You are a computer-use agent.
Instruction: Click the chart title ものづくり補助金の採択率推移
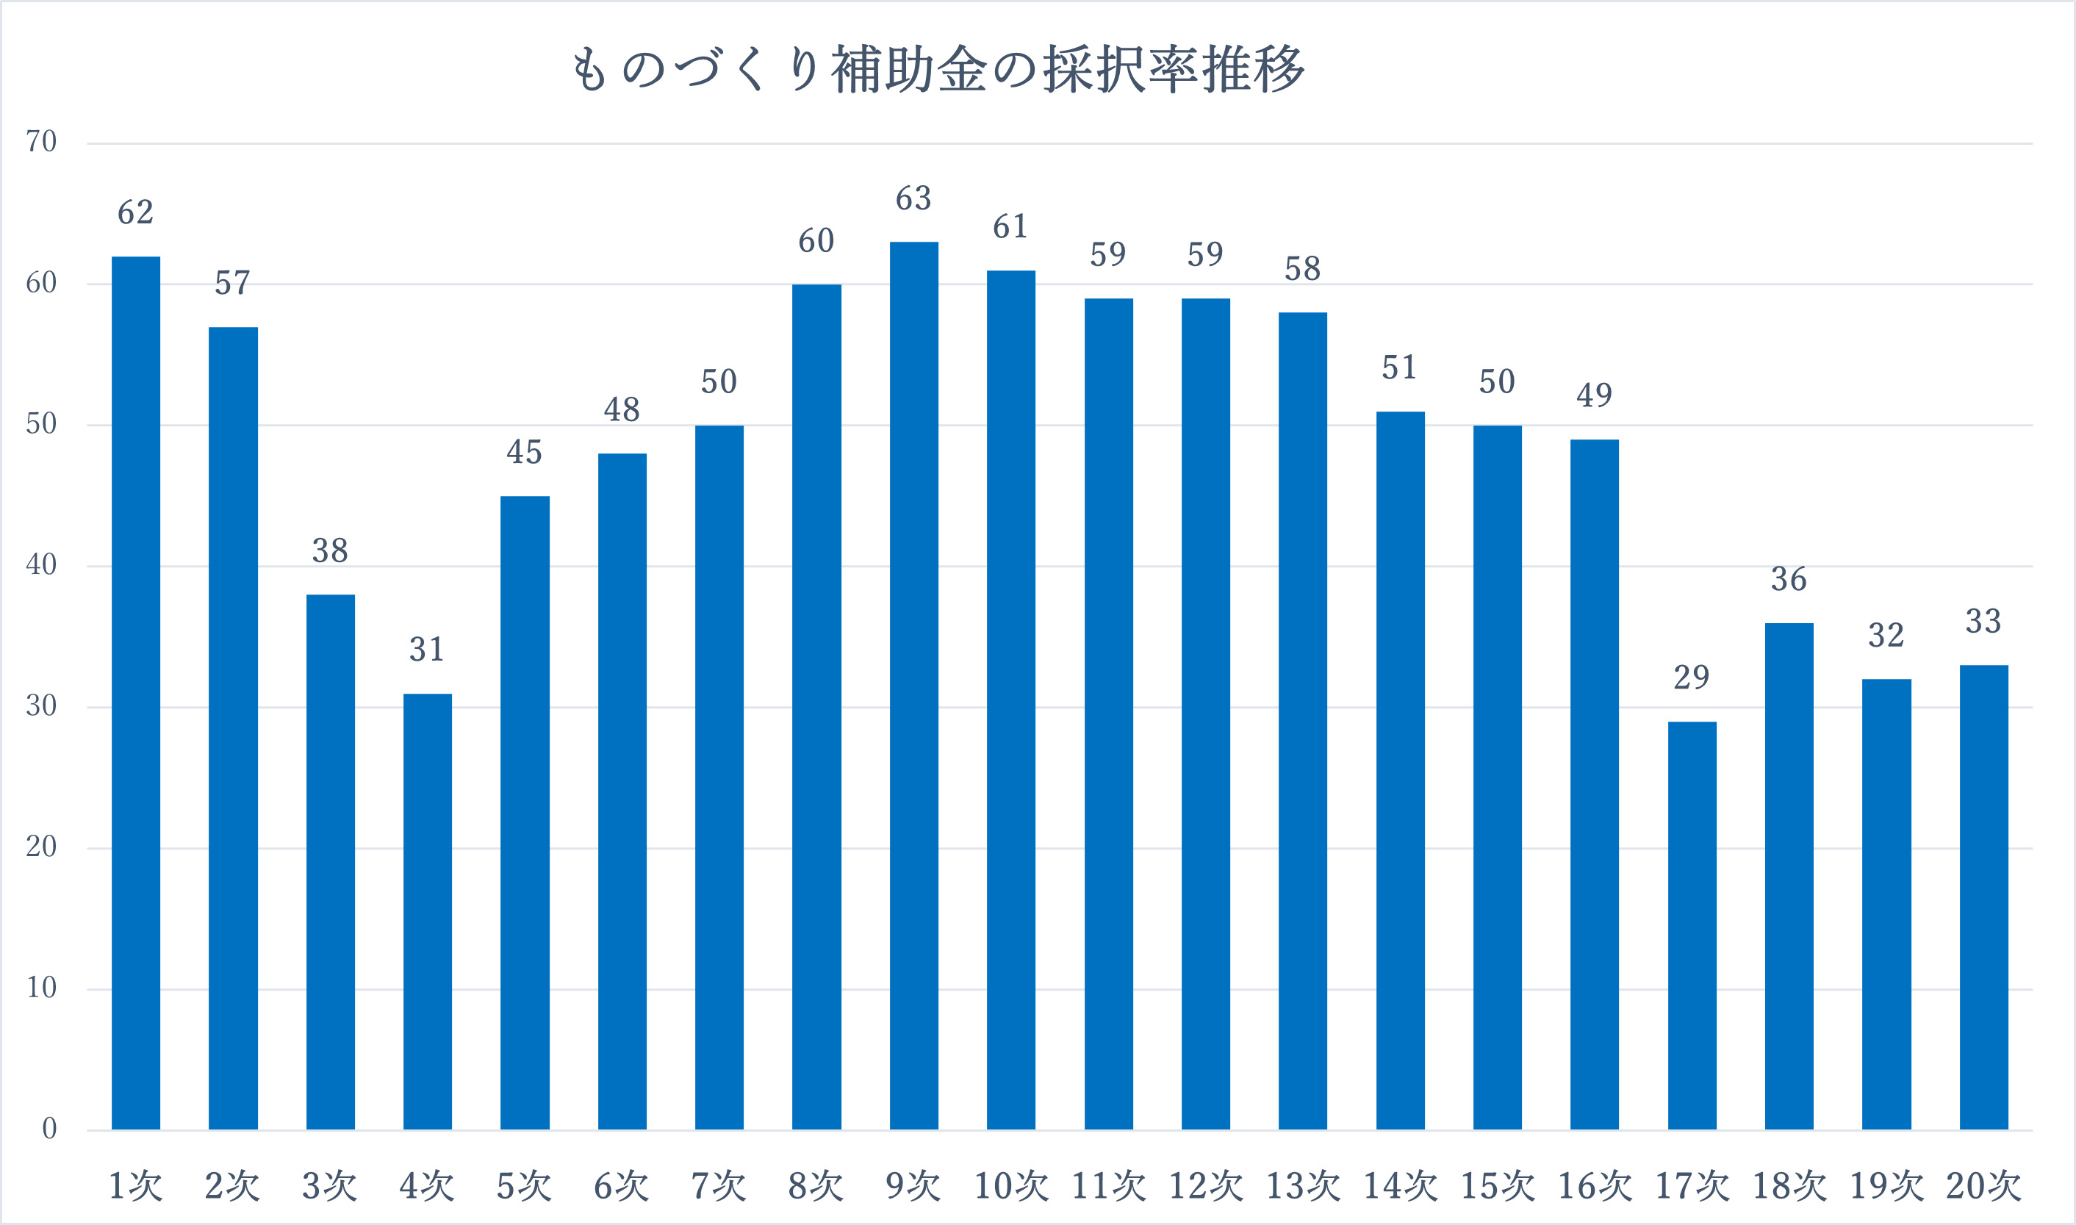pyautogui.click(x=938, y=69)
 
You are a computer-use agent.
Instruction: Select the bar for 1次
pyautogui.click(x=136, y=694)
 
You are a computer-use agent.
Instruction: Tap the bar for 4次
pyautogui.click(x=428, y=911)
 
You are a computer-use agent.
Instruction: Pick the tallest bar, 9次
pyautogui.click(x=913, y=685)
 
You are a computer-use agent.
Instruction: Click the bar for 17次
pyautogui.click(x=1692, y=925)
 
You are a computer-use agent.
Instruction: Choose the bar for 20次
pyautogui.click(x=1983, y=897)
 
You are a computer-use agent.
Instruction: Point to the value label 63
pyautogui.click(x=913, y=199)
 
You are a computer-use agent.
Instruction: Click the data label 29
pyautogui.click(x=1692, y=678)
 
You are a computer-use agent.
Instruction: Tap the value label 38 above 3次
pyautogui.click(x=330, y=550)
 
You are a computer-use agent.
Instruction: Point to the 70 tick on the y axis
pyautogui.click(x=41, y=142)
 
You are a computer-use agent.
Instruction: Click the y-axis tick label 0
pyautogui.click(x=49, y=1129)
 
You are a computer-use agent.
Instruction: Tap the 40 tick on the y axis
pyautogui.click(x=41, y=564)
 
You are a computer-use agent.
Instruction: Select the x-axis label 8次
pyautogui.click(x=816, y=1186)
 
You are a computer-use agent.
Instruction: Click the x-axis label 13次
pyautogui.click(x=1303, y=1186)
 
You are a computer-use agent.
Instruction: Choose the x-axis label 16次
pyautogui.click(x=1594, y=1186)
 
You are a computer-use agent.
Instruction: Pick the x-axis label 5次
pyautogui.click(x=524, y=1186)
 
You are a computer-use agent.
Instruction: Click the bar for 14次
pyautogui.click(x=1400, y=770)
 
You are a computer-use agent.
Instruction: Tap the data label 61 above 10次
pyautogui.click(x=1010, y=227)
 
